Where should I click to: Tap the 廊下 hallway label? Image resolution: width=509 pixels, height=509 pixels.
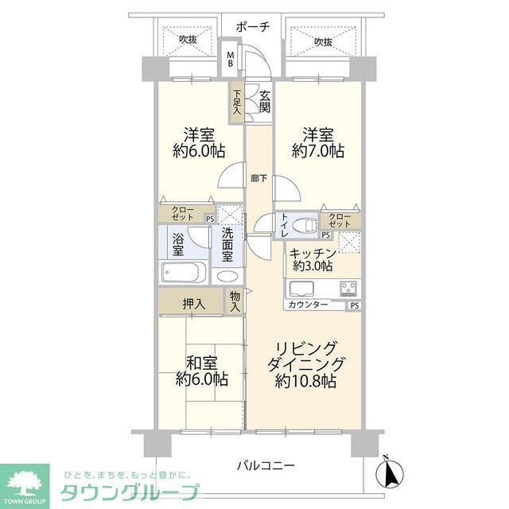[x=258, y=178]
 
